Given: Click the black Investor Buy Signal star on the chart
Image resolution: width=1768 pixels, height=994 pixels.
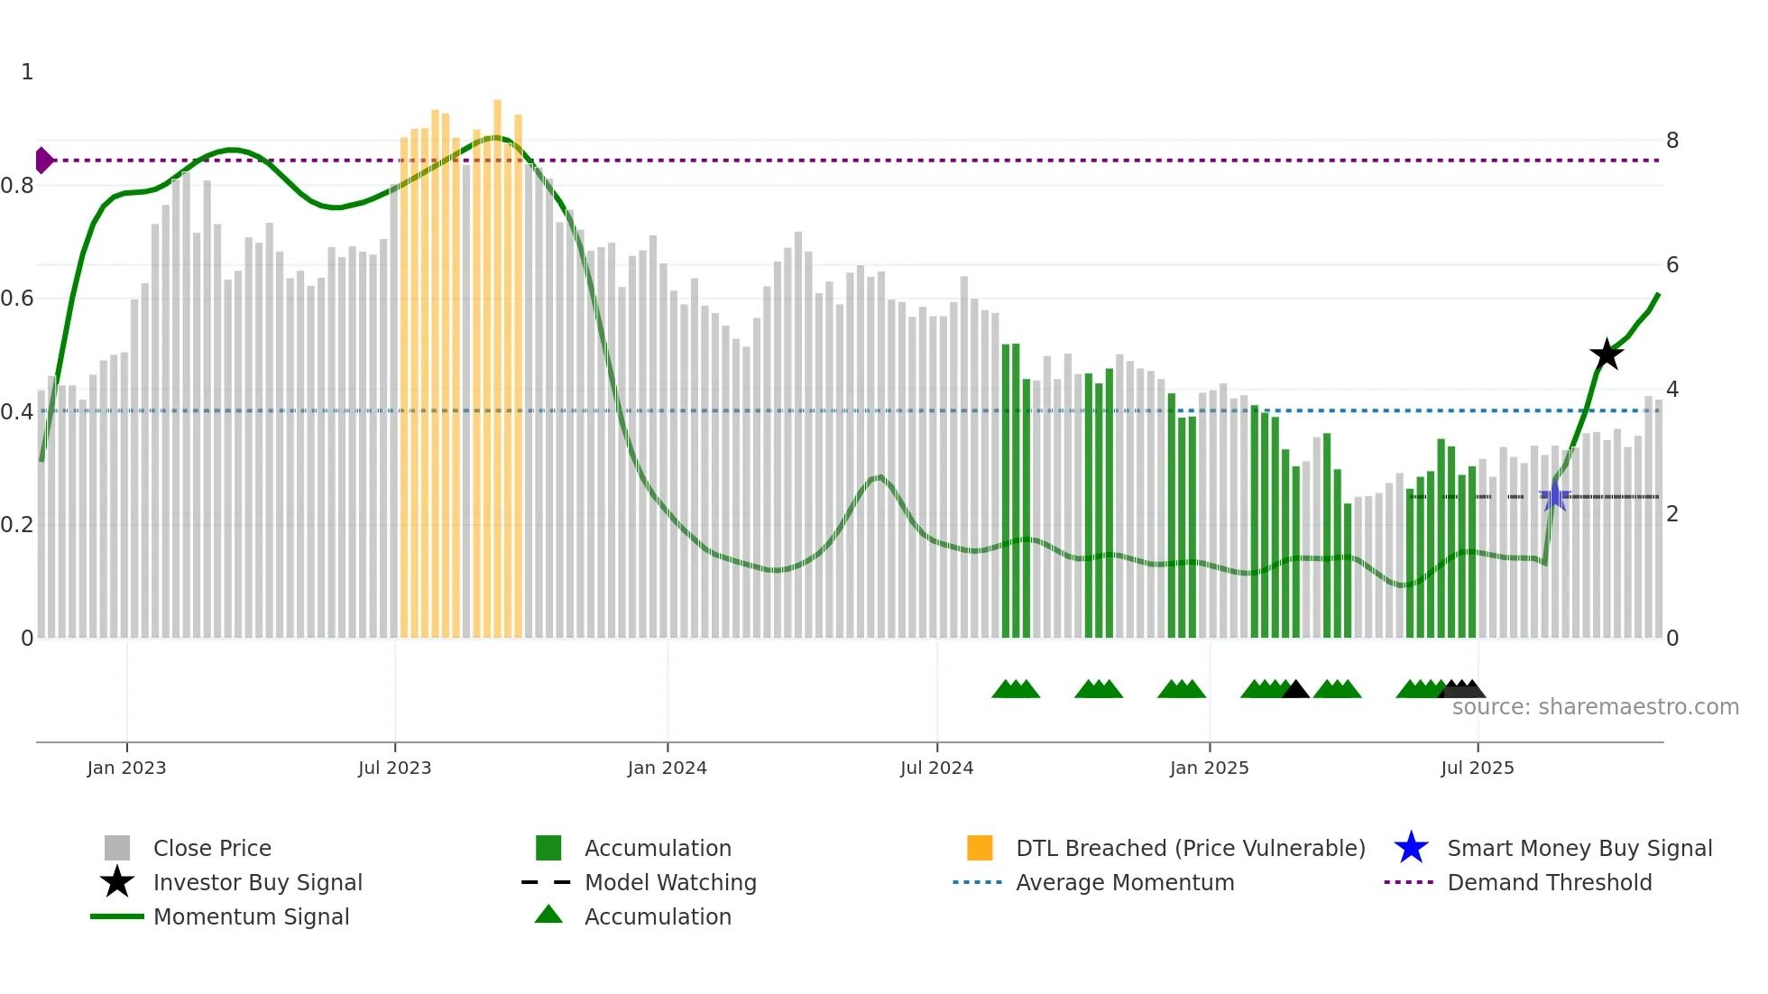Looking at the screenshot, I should click(x=1607, y=354).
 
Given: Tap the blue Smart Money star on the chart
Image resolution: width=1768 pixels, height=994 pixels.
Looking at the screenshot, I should click(x=1554, y=496).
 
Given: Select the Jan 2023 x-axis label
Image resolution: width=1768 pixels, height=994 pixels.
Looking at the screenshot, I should click(x=126, y=768).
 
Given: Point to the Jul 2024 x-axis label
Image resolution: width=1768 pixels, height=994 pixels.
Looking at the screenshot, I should click(x=936, y=768).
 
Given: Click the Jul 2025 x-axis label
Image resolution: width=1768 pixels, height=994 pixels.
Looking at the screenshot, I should click(x=1477, y=768).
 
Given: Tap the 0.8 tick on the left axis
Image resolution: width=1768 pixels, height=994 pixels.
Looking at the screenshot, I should click(x=18, y=186).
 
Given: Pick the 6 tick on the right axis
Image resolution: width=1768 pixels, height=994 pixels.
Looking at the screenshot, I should click(x=1672, y=265).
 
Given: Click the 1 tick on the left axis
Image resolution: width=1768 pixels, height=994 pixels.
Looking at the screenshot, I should click(x=27, y=72).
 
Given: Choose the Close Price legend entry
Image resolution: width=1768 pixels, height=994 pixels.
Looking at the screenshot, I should click(x=212, y=848).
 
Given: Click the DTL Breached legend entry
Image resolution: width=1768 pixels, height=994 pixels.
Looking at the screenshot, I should click(x=1190, y=848).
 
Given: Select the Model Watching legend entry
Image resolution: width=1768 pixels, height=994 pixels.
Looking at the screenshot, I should click(x=670, y=882).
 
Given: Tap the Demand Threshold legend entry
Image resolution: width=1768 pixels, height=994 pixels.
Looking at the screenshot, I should click(x=1549, y=882).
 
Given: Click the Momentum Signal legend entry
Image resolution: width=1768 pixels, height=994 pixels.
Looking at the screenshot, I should click(x=251, y=916).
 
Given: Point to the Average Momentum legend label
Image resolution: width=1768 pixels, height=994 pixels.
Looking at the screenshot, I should click(x=1125, y=882).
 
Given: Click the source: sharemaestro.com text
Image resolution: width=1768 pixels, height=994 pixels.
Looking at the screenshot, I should click(x=1595, y=707).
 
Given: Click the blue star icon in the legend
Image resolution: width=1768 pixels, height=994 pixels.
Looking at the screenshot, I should click(x=1411, y=848).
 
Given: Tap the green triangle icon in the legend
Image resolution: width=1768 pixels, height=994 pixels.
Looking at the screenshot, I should click(x=548, y=915).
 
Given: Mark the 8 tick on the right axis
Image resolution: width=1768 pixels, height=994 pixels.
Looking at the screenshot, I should click(x=1672, y=141).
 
